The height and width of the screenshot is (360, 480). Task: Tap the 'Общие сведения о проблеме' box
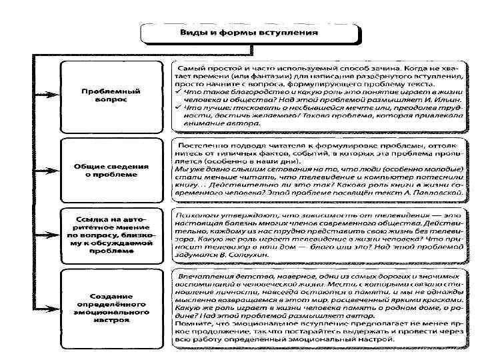110,169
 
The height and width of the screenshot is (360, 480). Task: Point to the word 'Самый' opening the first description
193,68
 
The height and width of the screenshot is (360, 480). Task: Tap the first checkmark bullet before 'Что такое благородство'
177,87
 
